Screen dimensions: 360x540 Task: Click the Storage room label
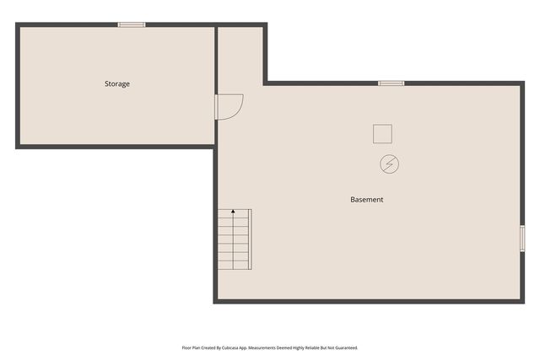click(117, 83)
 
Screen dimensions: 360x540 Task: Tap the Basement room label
click(367, 200)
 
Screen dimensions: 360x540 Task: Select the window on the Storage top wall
click(132, 24)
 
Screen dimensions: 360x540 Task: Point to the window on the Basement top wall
click(391, 83)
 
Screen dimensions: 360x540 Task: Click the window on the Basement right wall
click(522, 238)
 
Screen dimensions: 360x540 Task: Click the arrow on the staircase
click(234, 214)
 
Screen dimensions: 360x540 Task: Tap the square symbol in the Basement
click(382, 133)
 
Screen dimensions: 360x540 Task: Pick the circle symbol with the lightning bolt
click(389, 163)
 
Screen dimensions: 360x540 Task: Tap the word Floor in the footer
click(186, 347)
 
